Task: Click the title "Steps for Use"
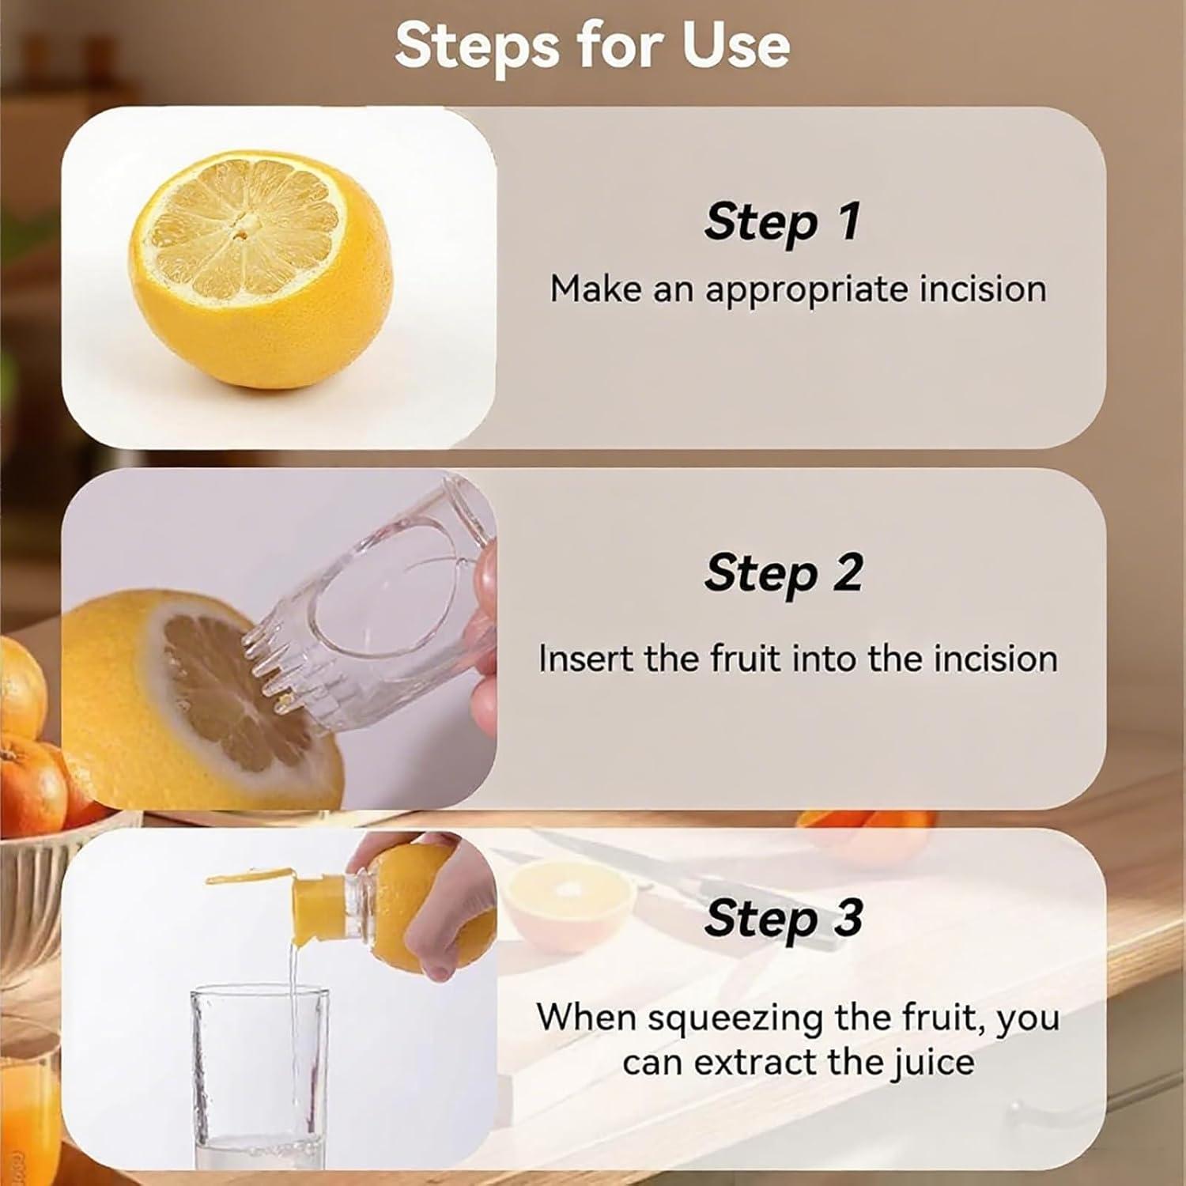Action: (592, 45)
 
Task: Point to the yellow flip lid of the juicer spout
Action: (249, 876)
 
